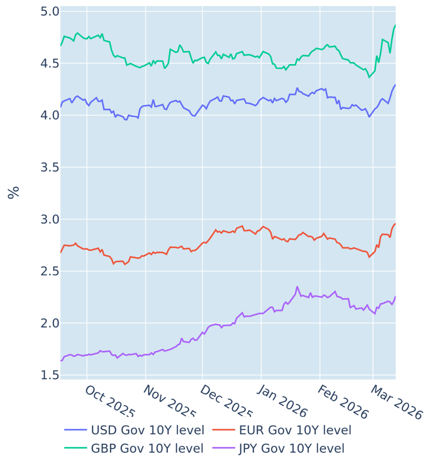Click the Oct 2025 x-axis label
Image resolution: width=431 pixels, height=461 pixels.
click(110, 402)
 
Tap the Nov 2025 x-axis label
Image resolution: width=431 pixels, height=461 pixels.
click(169, 402)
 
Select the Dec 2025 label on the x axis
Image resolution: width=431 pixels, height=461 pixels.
click(226, 402)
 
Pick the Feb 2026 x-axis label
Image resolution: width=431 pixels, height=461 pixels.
click(343, 402)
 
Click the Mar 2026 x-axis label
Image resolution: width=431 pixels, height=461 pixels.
click(396, 402)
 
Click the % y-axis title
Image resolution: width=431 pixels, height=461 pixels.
click(14, 192)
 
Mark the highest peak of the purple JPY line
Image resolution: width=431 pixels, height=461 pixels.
click(297, 287)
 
